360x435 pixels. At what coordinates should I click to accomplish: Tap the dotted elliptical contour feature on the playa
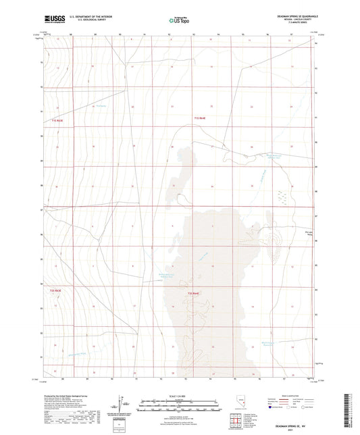pyautogui.click(x=275, y=237)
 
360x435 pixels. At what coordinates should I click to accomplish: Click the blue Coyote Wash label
pyautogui.click(x=265, y=177)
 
